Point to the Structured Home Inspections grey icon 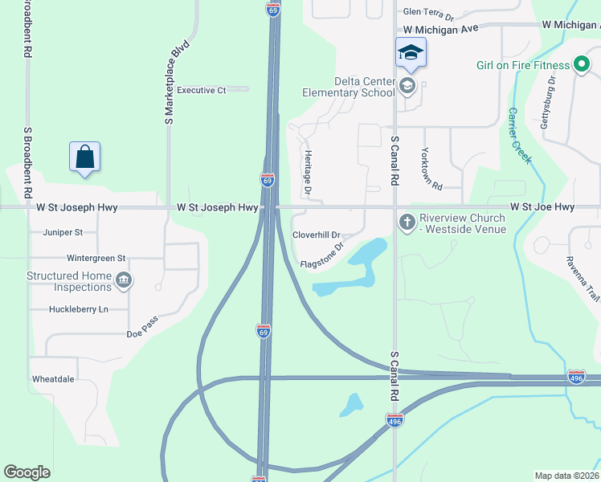(124, 280)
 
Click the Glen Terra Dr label (428, 13)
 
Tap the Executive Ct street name (202, 90)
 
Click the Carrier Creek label (518, 136)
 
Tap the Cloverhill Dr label (317, 235)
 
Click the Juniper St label (63, 232)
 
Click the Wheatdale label (53, 379)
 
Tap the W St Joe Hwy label (542, 207)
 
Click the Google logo (27, 472)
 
